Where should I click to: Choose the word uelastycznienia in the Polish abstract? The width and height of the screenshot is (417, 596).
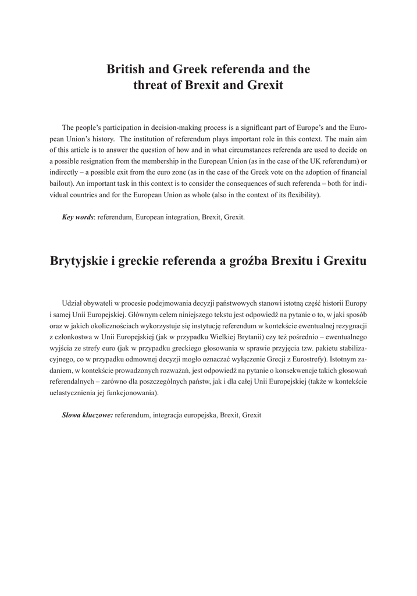click(70, 393)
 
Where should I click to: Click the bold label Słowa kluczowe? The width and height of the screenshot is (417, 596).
click(87, 416)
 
